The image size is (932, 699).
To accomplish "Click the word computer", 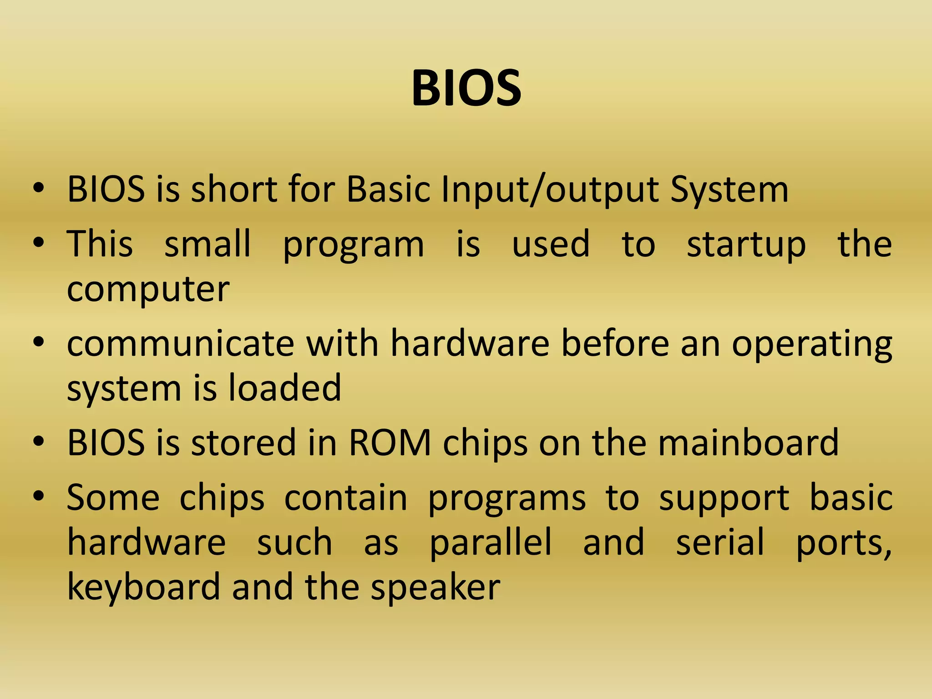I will coord(148,290).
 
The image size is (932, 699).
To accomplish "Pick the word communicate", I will coord(181,344).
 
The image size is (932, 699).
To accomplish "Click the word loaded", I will coord(284,388).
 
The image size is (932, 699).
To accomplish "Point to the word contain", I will coord(346,498).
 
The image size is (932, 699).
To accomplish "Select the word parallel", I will coord(491,542).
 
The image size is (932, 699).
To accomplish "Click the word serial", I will coord(719,542).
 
